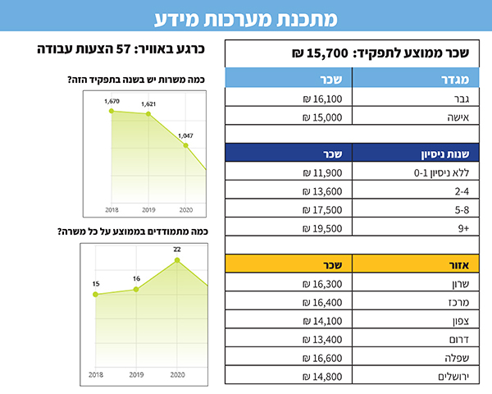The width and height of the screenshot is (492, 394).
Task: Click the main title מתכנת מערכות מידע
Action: click(246, 16)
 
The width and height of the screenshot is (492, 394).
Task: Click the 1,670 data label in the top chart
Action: click(112, 101)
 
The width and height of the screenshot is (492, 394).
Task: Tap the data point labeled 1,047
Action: click(186, 145)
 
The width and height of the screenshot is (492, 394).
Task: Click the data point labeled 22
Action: click(176, 260)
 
